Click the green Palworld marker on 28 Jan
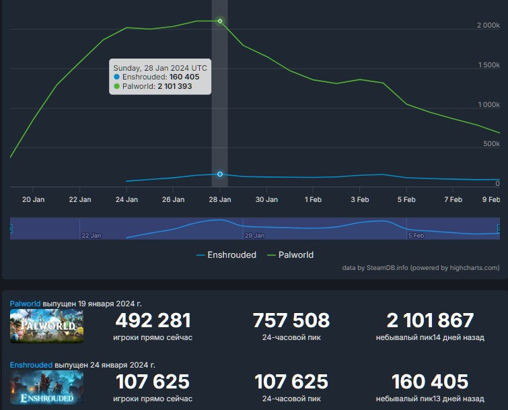[x=220, y=21]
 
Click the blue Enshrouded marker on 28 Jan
[x=220, y=174]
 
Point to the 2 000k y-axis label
[x=488, y=25]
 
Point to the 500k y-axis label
[x=492, y=144]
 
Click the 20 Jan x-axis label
[x=34, y=199]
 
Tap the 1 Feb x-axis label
[x=312, y=199]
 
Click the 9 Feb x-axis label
[x=491, y=199]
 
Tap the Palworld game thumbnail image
[x=47, y=327]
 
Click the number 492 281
[x=153, y=320]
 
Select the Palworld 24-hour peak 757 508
[x=291, y=320]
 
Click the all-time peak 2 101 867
[x=430, y=320]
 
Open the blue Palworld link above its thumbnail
[x=25, y=304]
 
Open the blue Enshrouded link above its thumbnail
[x=31, y=365]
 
